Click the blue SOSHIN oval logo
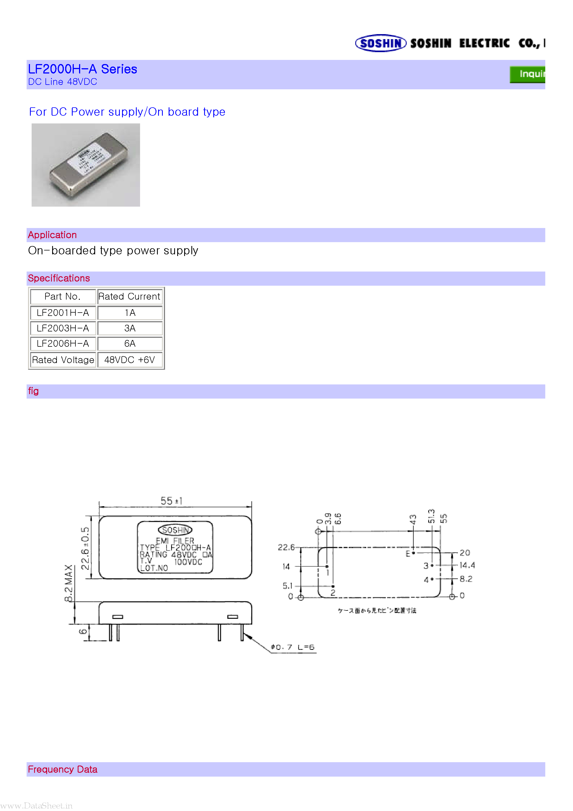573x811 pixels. coord(381,43)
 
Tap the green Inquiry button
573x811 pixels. coord(528,74)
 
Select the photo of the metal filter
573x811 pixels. coord(86,165)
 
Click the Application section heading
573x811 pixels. coord(52,235)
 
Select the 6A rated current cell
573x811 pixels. coord(130,343)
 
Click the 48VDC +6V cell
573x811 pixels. coord(130,359)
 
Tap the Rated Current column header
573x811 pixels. coord(129,296)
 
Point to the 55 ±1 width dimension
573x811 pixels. coord(171,501)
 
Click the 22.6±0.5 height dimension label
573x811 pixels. coord(85,548)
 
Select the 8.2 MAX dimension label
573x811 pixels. coord(69,583)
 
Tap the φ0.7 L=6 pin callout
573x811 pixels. coord(293,647)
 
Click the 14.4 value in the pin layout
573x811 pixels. coord(467,565)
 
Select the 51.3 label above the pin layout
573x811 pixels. coord(431,516)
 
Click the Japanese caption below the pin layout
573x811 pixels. coord(377,610)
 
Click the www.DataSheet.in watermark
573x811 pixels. coord(36,805)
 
